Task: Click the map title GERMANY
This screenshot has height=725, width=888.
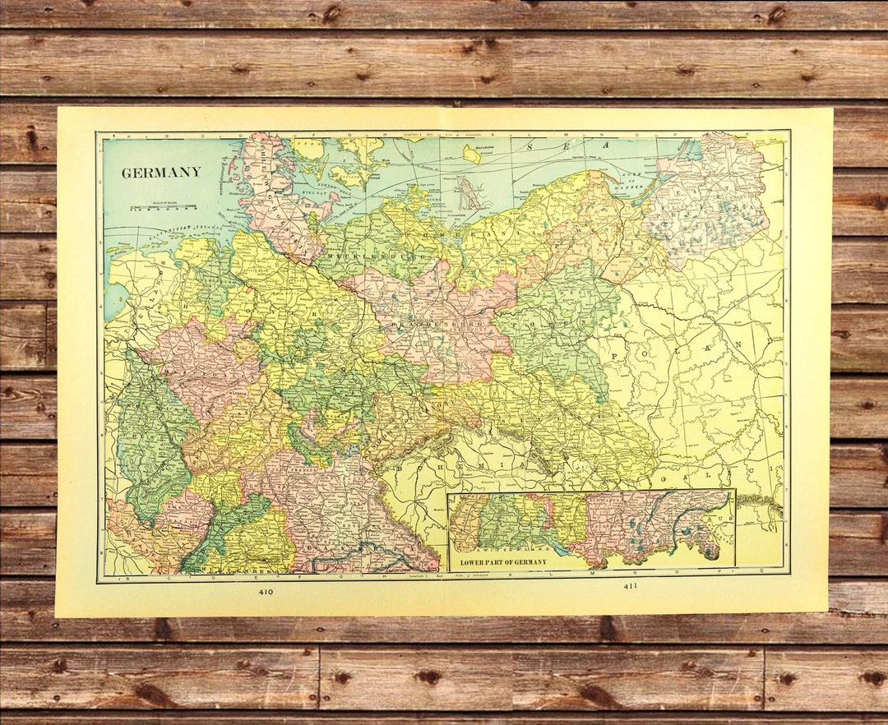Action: [x=161, y=173]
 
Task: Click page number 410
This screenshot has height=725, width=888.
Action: [x=265, y=591]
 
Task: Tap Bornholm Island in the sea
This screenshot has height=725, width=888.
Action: [x=471, y=154]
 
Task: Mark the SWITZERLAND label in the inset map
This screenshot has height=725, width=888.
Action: [x=502, y=546]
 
